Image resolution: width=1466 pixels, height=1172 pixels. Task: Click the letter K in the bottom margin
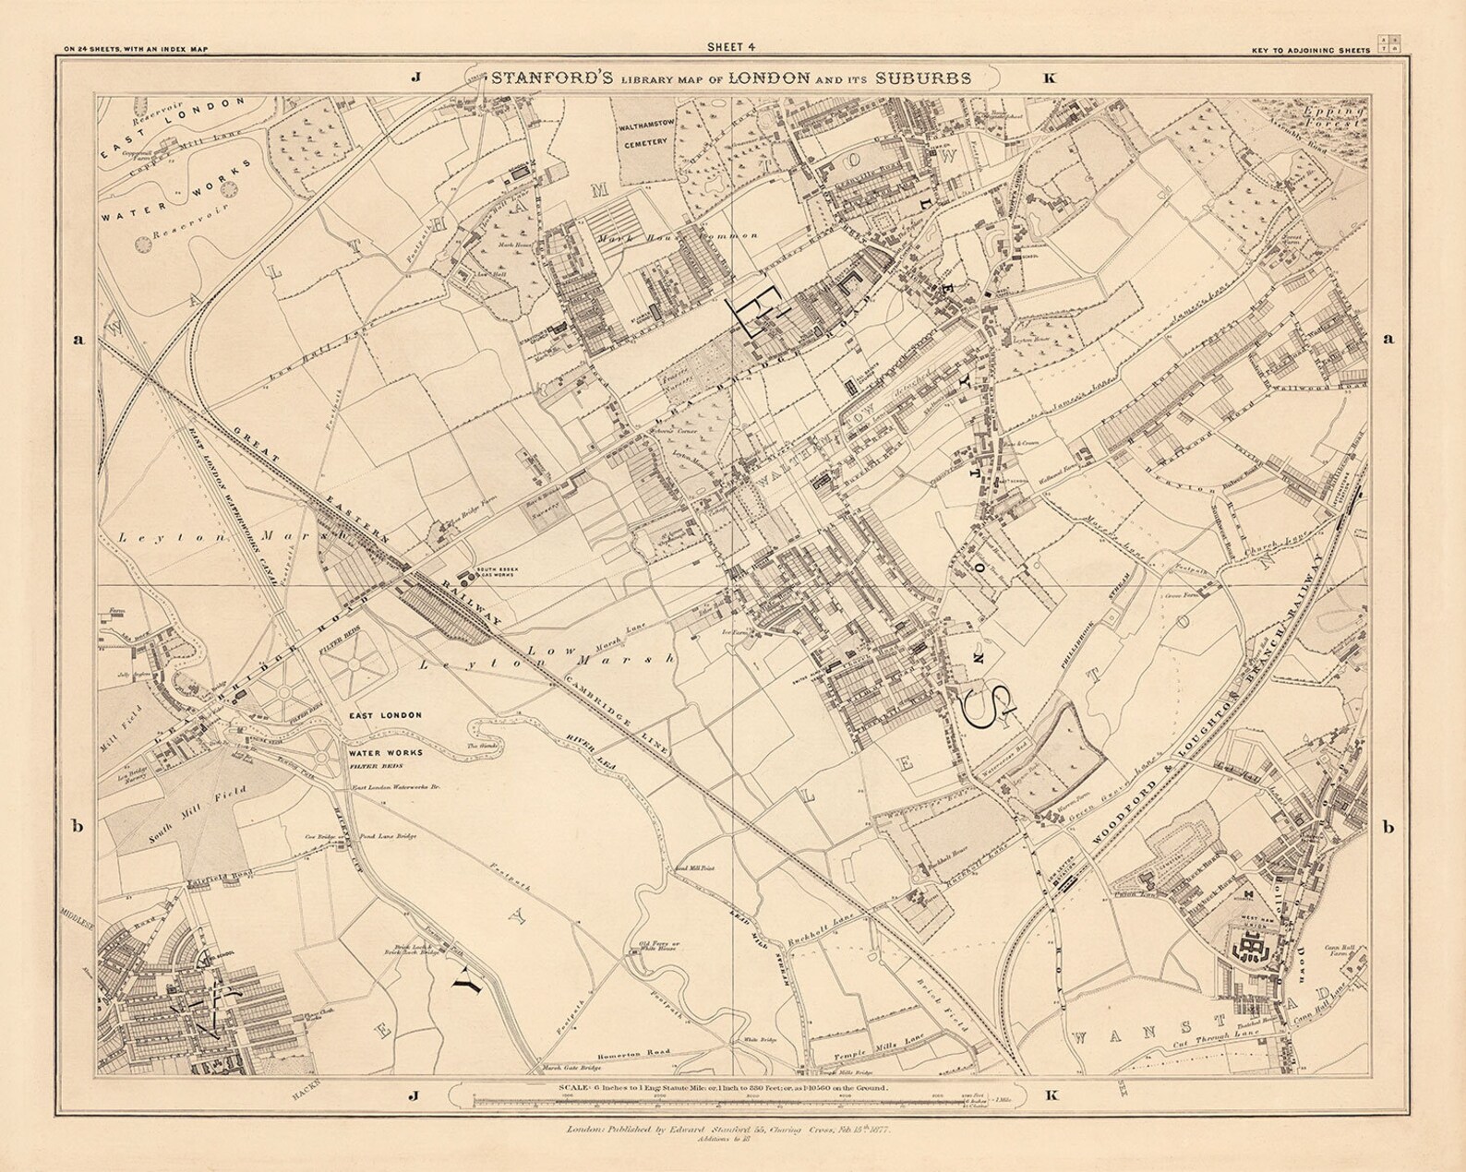tap(1049, 1095)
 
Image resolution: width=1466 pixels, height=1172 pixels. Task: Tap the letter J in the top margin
tap(415, 78)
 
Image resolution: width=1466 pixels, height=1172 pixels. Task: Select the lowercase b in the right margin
tap(1388, 827)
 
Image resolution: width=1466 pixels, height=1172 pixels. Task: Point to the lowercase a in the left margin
tap(78, 339)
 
